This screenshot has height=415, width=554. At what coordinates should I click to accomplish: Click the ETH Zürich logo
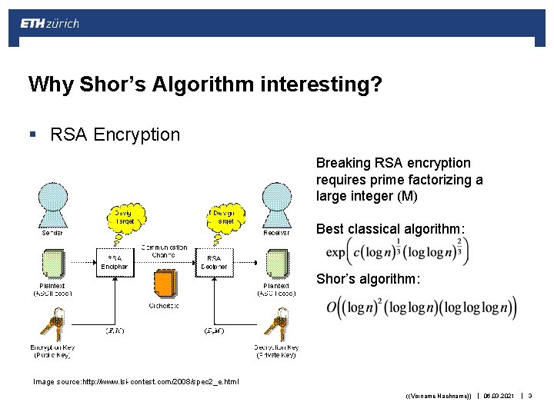[x=50, y=23]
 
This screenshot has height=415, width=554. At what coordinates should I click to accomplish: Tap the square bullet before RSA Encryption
[x=32, y=135]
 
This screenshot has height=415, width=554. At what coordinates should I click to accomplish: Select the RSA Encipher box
[x=115, y=262]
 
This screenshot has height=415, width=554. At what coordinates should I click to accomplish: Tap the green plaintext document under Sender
[x=53, y=264]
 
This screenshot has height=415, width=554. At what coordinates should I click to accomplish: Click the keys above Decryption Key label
[x=275, y=324]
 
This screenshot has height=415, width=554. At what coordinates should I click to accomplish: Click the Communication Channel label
[x=164, y=251]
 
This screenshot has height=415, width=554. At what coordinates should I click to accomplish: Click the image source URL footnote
[x=135, y=381]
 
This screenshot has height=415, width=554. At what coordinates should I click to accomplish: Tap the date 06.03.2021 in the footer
[x=499, y=397]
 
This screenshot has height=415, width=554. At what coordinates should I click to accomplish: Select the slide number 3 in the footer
[x=529, y=397]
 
